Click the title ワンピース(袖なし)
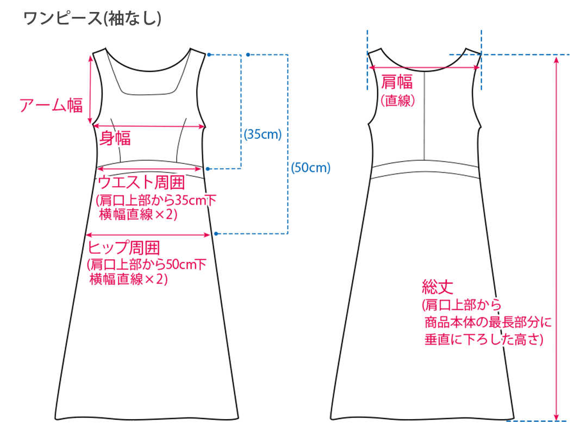[x=92, y=18]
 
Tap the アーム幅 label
[x=51, y=106]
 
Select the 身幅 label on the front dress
[x=115, y=138]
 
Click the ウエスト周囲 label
[x=141, y=182]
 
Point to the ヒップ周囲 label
[x=123, y=248]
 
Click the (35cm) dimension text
[x=263, y=134]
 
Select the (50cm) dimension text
[x=311, y=168]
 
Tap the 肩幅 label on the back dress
[x=397, y=82]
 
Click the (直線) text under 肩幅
[x=397, y=100]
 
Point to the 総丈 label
[x=438, y=287]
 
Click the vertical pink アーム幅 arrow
[x=90, y=89]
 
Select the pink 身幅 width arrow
[x=149, y=126]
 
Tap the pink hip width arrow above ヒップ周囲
[x=148, y=235]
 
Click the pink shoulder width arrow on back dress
[x=424, y=68]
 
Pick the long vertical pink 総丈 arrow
[x=557, y=238]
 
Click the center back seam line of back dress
[x=424, y=115]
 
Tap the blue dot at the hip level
[x=216, y=234]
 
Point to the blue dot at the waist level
[x=208, y=169]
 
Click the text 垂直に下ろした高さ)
[x=484, y=339]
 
